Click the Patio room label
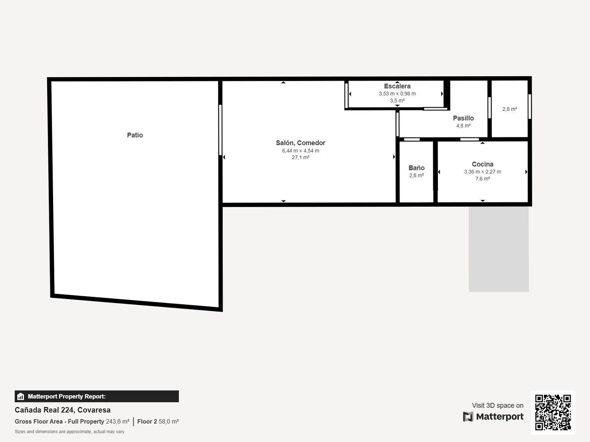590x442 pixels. click(x=135, y=135)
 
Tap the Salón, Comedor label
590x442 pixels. click(x=301, y=143)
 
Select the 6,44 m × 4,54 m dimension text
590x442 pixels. click(x=301, y=151)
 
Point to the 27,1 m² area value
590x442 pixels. click(x=301, y=158)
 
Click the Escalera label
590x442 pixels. click(x=397, y=86)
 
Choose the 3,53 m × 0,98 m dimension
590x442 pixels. click(x=397, y=94)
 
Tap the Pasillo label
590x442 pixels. click(x=463, y=118)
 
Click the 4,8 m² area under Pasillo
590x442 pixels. click(x=463, y=126)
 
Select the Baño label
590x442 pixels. click(x=417, y=168)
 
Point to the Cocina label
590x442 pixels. click(x=483, y=164)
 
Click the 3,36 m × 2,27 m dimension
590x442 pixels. click(x=483, y=172)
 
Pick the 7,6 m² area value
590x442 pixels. click(x=483, y=179)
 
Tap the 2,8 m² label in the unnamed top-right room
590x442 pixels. click(x=509, y=109)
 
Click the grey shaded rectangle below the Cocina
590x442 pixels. click(x=499, y=249)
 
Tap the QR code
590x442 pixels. click(x=553, y=413)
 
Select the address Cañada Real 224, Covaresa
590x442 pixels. click(x=63, y=410)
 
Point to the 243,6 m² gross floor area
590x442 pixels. click(x=118, y=422)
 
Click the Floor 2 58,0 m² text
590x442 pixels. click(x=158, y=422)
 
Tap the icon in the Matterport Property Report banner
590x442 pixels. click(x=21, y=396)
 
